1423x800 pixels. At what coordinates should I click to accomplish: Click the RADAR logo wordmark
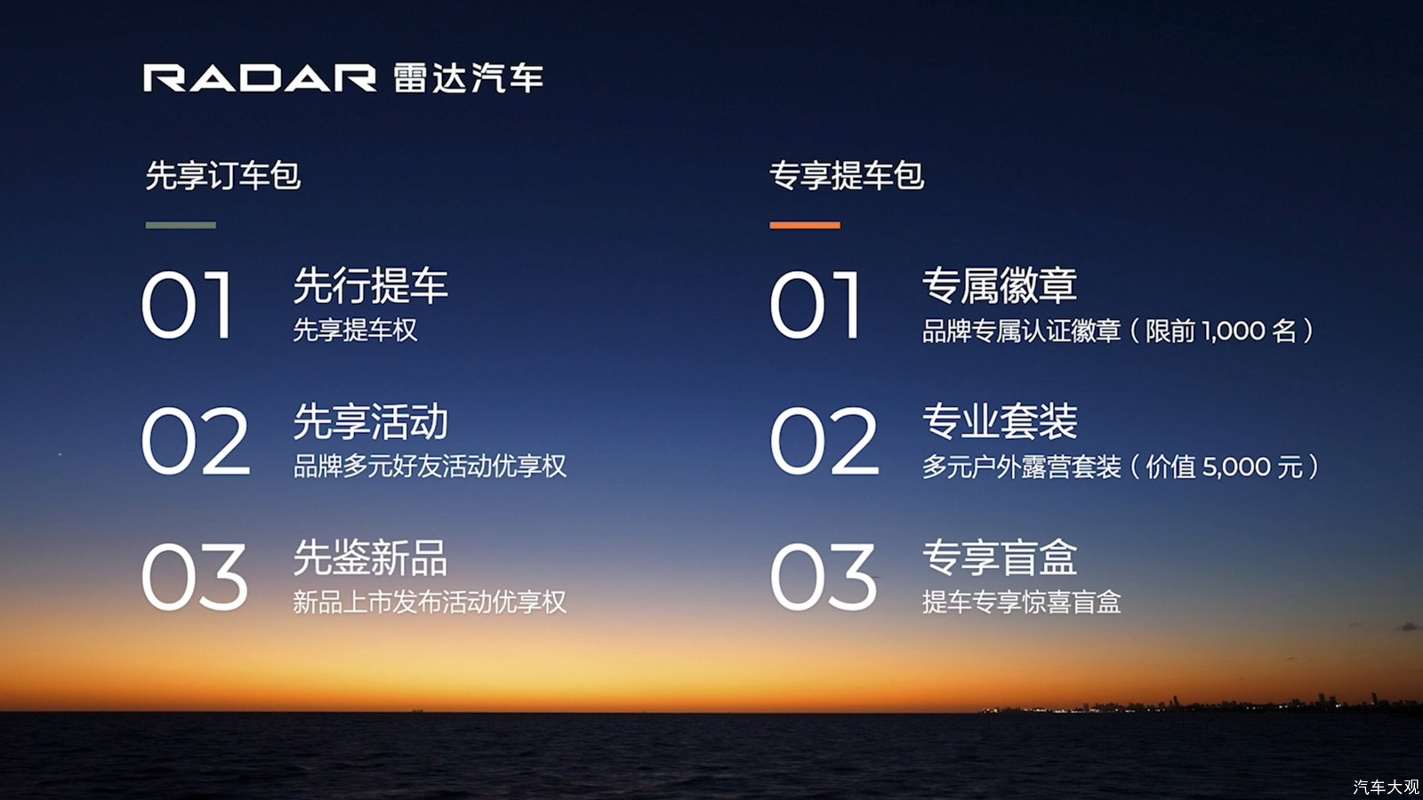260,78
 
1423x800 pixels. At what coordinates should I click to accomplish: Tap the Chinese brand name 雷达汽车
469,78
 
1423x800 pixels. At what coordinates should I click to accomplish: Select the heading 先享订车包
223,175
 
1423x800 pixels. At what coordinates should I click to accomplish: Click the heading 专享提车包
847,175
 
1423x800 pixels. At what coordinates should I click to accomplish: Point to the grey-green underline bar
181,226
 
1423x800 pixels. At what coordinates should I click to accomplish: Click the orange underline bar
805,226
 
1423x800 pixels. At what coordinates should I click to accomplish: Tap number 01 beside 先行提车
186,305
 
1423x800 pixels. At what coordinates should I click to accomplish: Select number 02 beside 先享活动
195,441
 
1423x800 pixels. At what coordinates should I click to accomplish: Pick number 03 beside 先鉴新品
194,577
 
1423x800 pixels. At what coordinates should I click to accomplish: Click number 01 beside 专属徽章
815,305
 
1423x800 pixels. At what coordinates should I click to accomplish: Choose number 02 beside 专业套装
824,441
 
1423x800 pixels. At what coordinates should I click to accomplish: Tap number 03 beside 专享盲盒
824,577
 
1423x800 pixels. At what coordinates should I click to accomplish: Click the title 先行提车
371,285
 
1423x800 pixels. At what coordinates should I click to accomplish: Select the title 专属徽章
1000,285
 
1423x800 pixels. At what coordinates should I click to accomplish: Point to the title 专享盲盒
1000,557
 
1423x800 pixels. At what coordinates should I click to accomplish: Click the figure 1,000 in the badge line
1233,332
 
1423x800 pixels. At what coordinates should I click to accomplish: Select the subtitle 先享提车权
355,330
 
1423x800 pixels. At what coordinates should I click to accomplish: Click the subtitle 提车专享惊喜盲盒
1022,603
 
